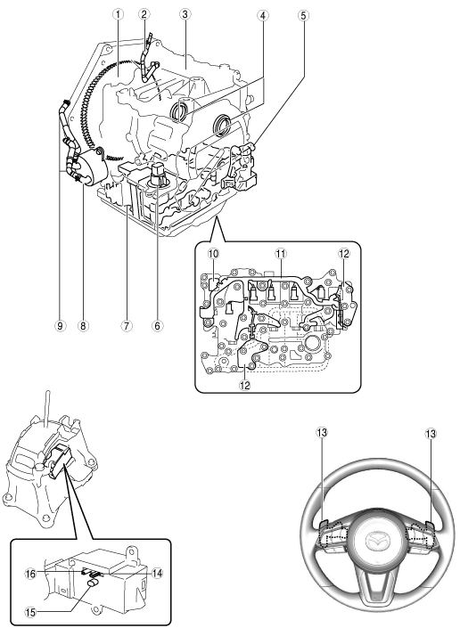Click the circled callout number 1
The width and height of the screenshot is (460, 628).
pos(118,14)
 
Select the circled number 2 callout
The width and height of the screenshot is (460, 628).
pos(144,14)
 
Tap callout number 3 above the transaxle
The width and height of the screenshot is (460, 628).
pos(185,14)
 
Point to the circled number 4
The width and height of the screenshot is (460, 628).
pos(262,16)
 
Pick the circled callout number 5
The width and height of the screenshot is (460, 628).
pos(303,16)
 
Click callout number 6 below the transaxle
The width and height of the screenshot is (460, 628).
pos(157,326)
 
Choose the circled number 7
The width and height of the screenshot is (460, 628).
pos(126,326)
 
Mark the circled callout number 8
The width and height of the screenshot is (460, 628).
pos(83,326)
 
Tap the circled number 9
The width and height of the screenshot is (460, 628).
pos(60,326)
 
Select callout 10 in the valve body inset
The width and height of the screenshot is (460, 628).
pos(213,254)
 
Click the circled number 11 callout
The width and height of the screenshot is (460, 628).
pos(281,254)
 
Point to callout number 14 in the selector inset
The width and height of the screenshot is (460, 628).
pos(158,574)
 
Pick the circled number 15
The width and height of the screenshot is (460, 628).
pos(31,612)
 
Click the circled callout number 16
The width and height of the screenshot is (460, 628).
pos(31,574)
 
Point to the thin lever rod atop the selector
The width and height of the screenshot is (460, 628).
pos(47,407)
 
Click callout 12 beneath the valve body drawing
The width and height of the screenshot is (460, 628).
pos(245,385)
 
